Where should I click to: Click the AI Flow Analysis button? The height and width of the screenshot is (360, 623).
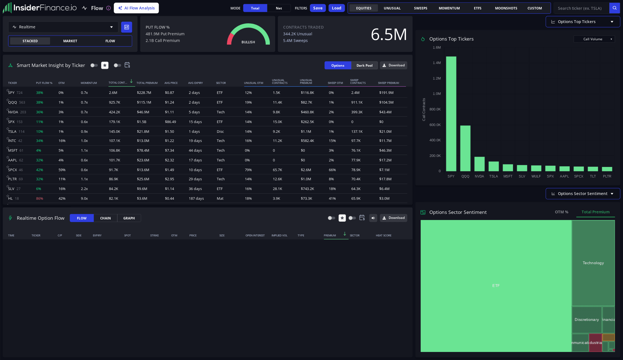pos(136,8)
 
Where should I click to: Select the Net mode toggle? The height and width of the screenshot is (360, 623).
pos(279,8)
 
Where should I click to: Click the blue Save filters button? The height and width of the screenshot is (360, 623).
pos(318,8)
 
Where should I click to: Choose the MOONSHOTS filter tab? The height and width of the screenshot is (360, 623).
pos(506,8)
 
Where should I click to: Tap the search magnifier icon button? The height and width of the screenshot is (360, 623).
pos(614,8)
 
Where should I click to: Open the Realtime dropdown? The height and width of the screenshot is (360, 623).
pos(63,27)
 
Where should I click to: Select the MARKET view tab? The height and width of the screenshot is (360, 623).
pos(70,41)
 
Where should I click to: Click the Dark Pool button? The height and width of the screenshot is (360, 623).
pos(364,65)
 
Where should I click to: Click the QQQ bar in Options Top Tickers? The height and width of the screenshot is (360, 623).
pos(465,148)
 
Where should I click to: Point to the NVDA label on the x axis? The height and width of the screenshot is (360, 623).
pos(479,176)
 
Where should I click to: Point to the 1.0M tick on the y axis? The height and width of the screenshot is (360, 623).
pos(437,94)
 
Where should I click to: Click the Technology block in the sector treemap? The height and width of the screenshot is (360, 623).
pos(593,263)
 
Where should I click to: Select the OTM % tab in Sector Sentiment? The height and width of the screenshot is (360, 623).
pos(562,212)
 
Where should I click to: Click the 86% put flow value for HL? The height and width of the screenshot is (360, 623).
pos(39,198)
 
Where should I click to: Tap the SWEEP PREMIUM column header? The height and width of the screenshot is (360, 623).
pos(388,83)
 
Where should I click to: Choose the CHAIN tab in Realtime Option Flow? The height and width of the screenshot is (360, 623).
pos(105,218)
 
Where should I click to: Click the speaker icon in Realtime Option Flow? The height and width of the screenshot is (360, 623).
pos(373,218)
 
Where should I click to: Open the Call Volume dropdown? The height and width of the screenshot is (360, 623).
pos(594,39)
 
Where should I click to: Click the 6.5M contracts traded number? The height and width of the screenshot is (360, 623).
pos(389,34)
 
